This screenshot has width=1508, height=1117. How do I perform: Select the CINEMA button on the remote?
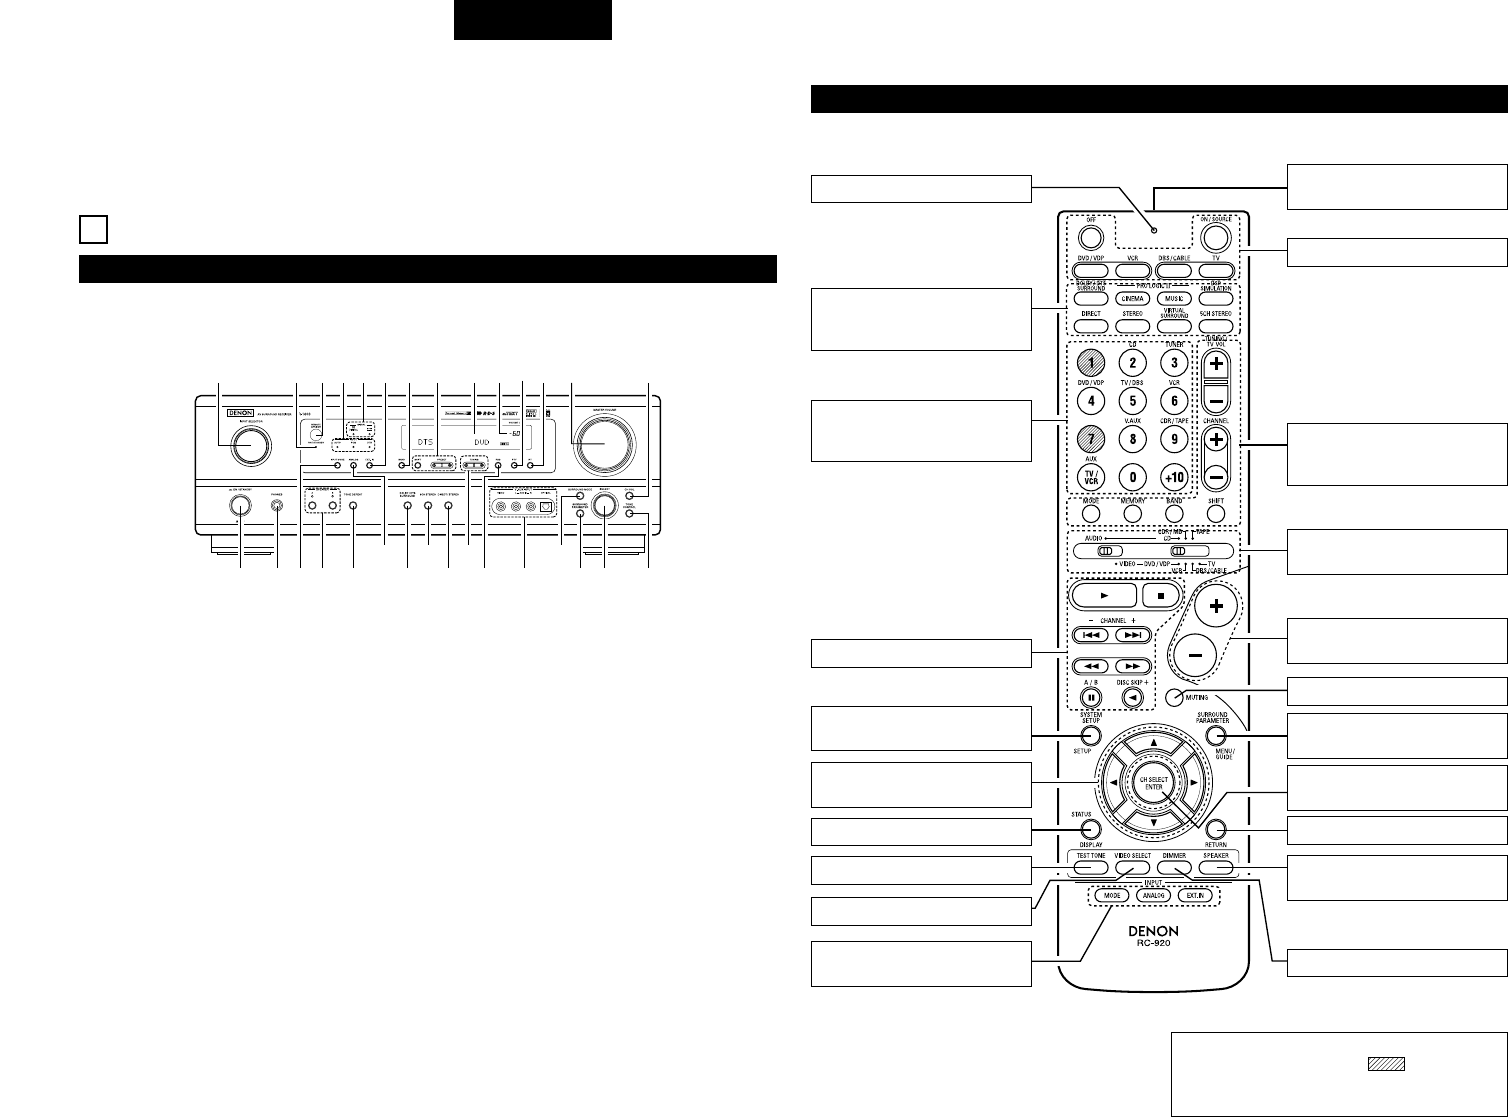coord(1129,298)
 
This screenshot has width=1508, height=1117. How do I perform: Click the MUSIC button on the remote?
coord(1173,298)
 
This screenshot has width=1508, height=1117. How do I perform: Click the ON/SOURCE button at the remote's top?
coord(1217,237)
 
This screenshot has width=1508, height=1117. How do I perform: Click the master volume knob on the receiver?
coord(603,444)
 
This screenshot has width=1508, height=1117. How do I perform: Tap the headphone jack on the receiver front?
coord(276,506)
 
